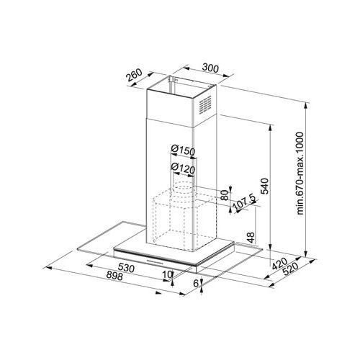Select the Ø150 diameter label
184,150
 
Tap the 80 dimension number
224,194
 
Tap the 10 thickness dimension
167,274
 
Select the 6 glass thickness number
197,284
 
